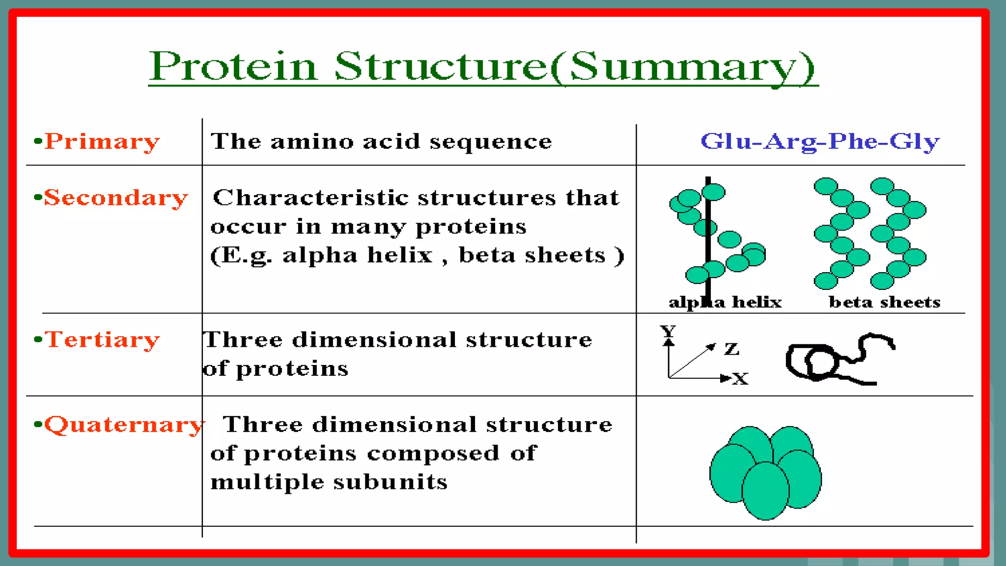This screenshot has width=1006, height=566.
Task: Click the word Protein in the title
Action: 233,66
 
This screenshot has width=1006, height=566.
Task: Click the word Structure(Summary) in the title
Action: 575,66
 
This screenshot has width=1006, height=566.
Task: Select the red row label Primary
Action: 102,141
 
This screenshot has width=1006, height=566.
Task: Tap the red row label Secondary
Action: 116,198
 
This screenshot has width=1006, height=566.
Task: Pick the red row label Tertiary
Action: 102,340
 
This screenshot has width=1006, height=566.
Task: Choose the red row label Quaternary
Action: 124,424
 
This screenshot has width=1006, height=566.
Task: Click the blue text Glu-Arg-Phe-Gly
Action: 820,141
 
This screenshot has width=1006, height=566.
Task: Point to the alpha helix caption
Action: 725,302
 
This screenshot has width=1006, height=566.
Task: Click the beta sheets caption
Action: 884,302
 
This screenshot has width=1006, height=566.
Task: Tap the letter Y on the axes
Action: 668,330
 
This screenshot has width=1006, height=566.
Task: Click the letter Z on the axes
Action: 731,349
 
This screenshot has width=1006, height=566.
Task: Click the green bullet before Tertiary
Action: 38,339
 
